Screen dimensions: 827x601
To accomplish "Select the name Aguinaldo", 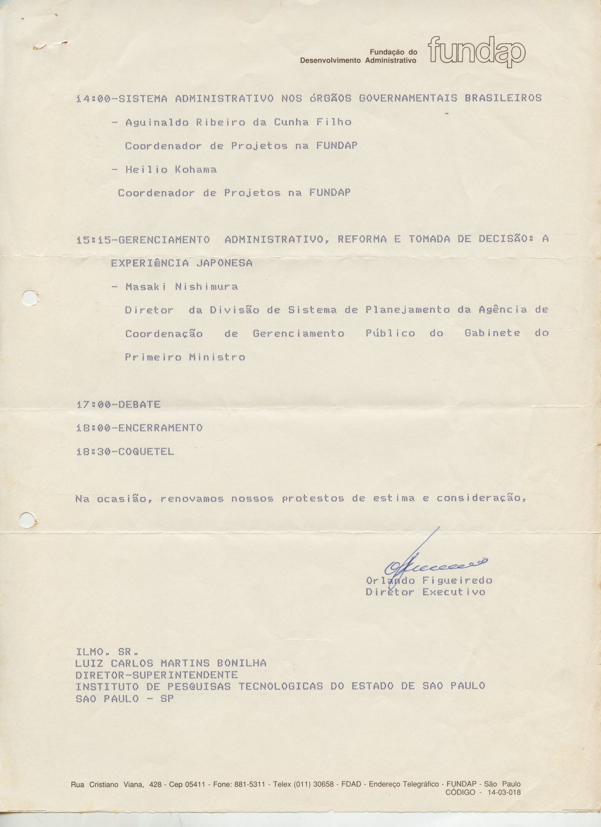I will click(157, 123).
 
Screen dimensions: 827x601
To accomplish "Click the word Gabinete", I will click(492, 333).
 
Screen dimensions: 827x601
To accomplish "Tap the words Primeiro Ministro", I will click(185, 357).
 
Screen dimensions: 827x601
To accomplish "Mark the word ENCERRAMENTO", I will click(161, 428).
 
